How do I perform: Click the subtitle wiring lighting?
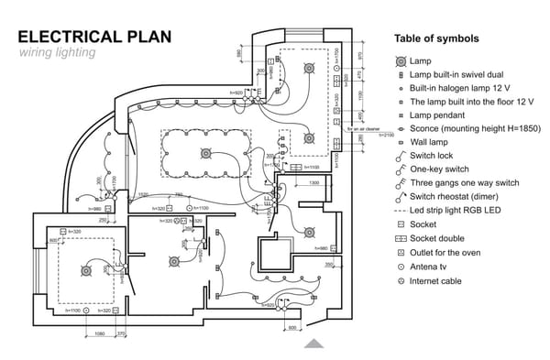pos(57,53)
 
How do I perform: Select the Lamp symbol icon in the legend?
pos(401,60)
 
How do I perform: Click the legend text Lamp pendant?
pos(437,115)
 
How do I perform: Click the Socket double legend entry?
pos(438,239)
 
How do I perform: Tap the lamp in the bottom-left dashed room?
pos(86,270)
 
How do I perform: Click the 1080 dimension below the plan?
pos(101,333)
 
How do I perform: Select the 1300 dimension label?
pos(313,182)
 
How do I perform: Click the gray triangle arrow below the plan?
pos(313,344)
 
